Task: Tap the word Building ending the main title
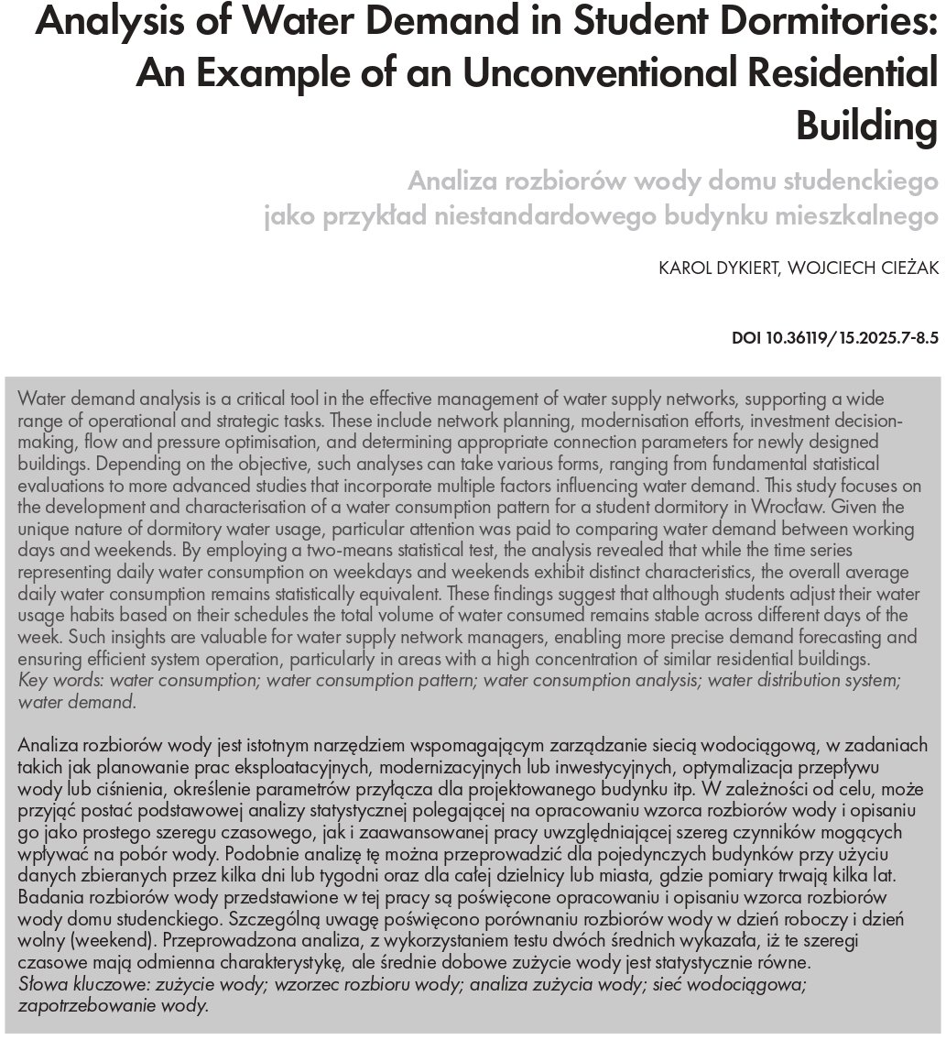tap(867, 125)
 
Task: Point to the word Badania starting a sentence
tap(47, 897)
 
